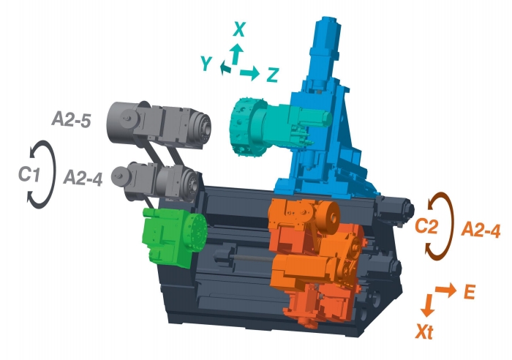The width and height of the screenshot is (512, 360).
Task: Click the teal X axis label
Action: [239, 29]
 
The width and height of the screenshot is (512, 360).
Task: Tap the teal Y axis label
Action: [206, 63]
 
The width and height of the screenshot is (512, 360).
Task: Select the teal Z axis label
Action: [272, 75]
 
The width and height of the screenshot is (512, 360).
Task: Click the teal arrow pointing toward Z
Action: [249, 72]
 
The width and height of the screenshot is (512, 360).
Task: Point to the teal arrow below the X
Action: [236, 53]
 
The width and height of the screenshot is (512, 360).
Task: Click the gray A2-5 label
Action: [71, 120]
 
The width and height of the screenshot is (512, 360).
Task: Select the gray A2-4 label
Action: [83, 179]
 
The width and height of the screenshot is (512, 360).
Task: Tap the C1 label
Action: [29, 174]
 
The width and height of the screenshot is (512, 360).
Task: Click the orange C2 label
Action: [426, 226]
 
